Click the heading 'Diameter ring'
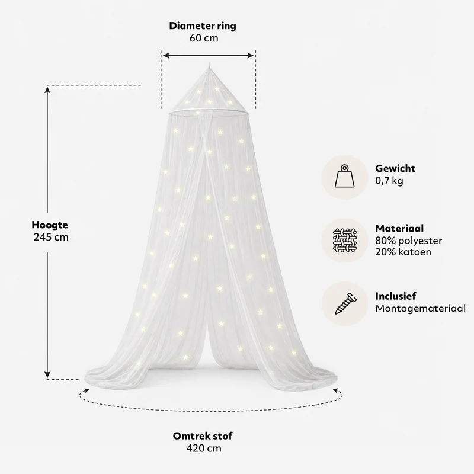point(203,26)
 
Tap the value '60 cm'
point(204,38)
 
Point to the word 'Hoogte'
point(50,225)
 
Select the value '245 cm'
point(51,238)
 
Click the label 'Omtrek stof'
point(203,436)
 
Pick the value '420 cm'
point(204,448)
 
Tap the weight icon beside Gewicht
point(345,176)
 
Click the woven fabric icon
point(345,241)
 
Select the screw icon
point(345,303)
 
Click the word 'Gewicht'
point(395,168)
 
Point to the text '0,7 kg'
point(389,181)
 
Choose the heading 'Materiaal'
point(399,228)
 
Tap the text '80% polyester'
point(409,241)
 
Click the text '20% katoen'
point(403,252)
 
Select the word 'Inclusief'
point(396,296)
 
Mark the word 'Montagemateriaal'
point(421,308)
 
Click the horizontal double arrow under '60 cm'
point(209,55)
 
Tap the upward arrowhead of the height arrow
point(47,89)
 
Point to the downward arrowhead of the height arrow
point(47,374)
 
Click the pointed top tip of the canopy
point(209,63)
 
